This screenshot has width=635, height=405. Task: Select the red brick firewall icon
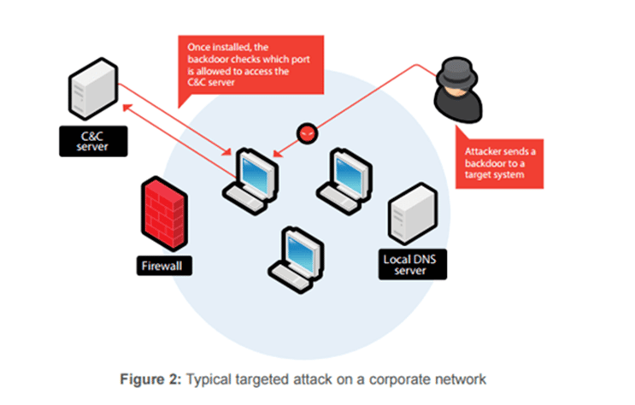[164, 212]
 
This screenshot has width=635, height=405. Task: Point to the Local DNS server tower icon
[411, 218]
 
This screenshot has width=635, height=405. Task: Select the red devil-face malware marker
[305, 133]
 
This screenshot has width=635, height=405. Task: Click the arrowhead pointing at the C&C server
[126, 107]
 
